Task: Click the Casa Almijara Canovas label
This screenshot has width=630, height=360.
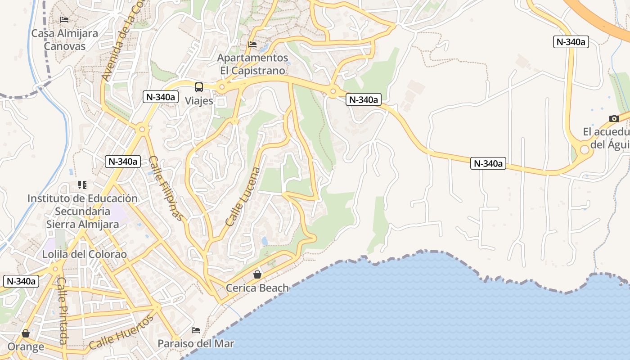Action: tap(64, 40)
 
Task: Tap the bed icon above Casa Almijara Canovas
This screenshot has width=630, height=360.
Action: tap(64, 20)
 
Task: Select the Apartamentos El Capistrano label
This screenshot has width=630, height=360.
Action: tap(252, 64)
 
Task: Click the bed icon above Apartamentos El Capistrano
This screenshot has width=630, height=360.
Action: tap(252, 45)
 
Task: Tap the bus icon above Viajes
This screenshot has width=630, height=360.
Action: tap(199, 87)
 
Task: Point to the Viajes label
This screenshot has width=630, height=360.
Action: tap(199, 100)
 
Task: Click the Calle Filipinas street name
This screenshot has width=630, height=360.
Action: tap(166, 188)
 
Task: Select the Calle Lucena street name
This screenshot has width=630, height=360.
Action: tap(243, 197)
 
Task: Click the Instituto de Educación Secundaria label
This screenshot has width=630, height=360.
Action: tap(82, 211)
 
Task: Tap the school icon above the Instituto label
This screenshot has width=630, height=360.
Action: tap(82, 184)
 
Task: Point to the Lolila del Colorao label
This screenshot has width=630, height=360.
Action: tap(85, 254)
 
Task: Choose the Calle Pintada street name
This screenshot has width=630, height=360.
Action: tap(62, 310)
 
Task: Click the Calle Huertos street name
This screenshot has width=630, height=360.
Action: tap(121, 333)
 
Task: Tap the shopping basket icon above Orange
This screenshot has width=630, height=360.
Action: tap(26, 333)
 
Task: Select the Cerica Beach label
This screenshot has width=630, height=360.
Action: tap(257, 288)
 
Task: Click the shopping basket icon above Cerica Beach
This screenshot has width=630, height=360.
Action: tap(257, 274)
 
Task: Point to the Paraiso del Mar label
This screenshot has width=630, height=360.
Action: tap(196, 344)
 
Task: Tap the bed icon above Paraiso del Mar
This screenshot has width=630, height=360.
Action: tap(196, 330)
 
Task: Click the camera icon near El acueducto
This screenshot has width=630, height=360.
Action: tap(614, 118)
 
